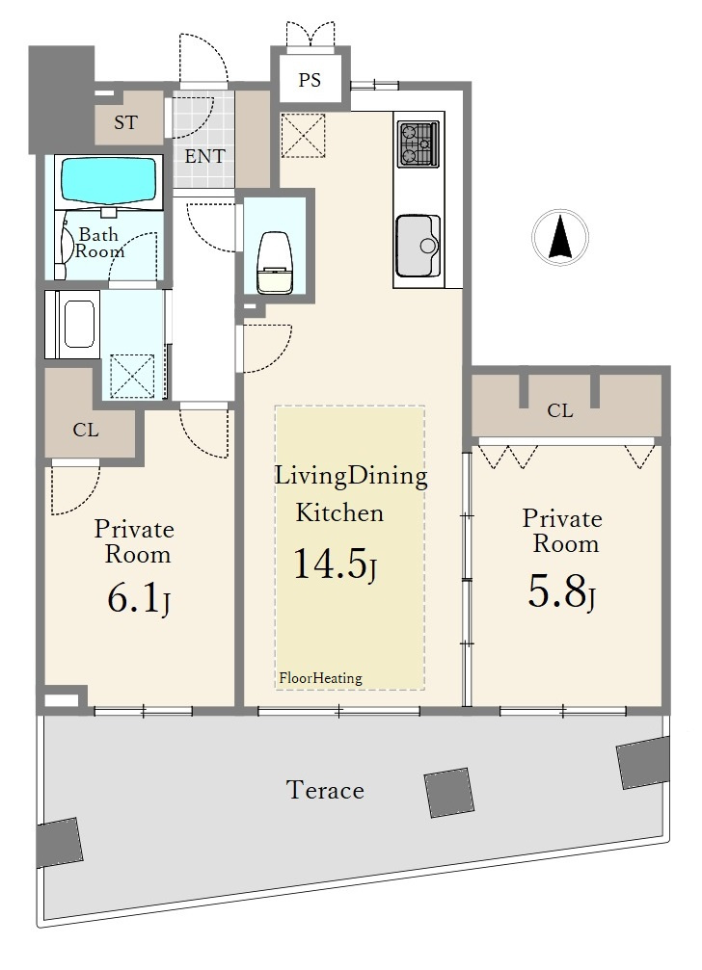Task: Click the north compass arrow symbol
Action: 560,238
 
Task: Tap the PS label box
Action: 310,80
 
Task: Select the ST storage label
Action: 125,122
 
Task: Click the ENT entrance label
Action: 204,156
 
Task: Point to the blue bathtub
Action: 108,179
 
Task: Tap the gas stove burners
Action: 418,144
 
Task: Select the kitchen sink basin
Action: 418,246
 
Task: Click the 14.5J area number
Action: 335,564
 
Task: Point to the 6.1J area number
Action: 139,599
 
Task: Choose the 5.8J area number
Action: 561,592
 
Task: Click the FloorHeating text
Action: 320,678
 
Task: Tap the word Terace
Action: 325,790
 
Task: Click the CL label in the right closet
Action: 559,410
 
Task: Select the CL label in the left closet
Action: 86,430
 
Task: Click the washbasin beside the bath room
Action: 72,325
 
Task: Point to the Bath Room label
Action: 99,243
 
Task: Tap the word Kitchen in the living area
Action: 339,512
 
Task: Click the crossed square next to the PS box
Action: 303,136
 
